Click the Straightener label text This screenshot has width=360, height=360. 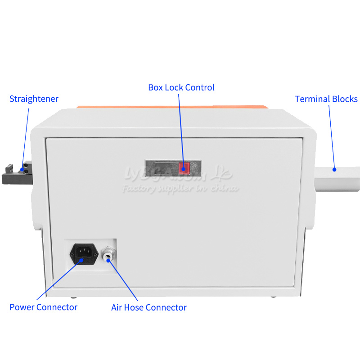(x=34, y=99)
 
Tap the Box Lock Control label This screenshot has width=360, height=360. (x=181, y=87)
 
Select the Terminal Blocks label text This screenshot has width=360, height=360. (x=326, y=99)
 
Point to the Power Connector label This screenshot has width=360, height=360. (x=43, y=307)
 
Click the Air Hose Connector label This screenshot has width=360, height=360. (x=149, y=308)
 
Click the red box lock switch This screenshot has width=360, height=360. (x=184, y=168)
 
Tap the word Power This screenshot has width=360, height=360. (x=22, y=307)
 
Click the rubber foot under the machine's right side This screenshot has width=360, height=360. (x=273, y=297)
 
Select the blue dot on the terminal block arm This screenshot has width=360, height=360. (x=334, y=170)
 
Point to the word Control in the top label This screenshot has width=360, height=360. (x=201, y=87)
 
